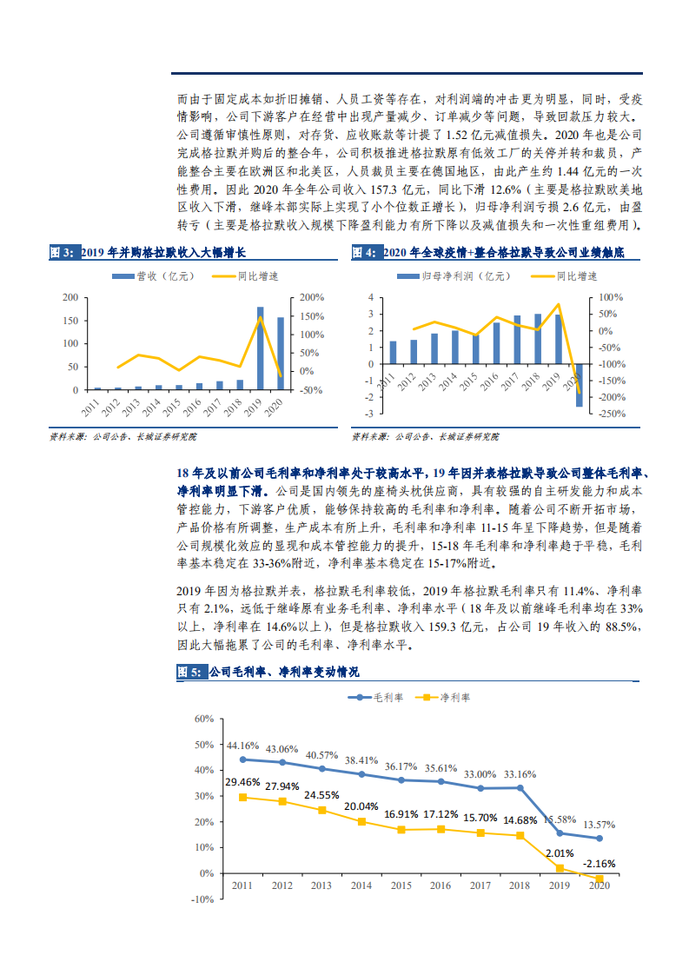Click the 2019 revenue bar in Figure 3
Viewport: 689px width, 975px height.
(x=260, y=348)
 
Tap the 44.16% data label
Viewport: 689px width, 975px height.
(x=243, y=746)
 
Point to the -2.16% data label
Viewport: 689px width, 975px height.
(x=598, y=864)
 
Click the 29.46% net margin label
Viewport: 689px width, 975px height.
(x=242, y=782)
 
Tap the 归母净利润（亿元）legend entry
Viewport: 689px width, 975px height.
(x=442, y=275)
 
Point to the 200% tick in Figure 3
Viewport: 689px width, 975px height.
(x=313, y=297)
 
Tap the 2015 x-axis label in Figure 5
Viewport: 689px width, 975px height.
(x=401, y=885)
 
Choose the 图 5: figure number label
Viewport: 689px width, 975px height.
(x=189, y=672)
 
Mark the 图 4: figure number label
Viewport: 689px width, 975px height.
(x=363, y=252)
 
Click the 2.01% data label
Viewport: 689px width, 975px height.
(x=559, y=852)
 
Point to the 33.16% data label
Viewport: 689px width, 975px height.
(x=520, y=773)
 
